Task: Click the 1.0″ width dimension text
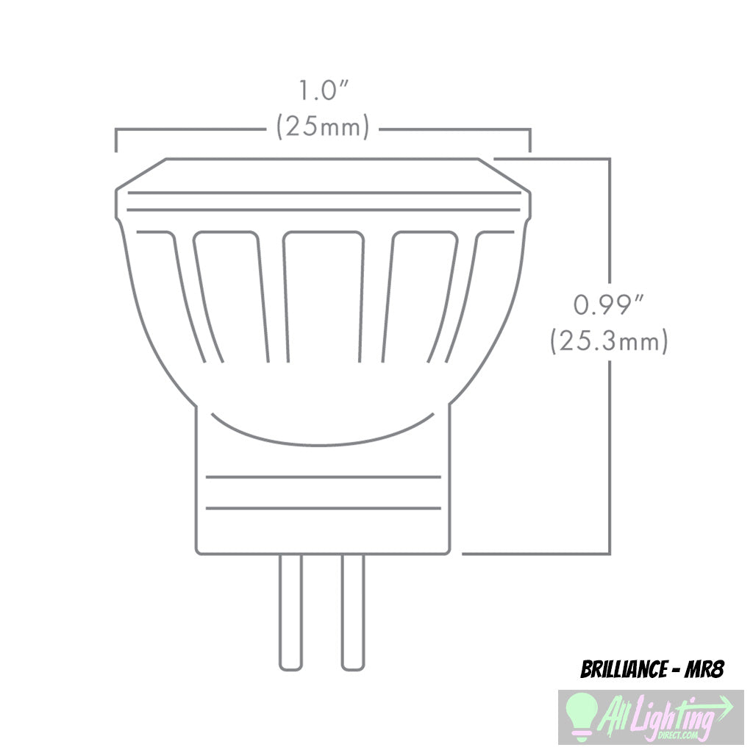click(322, 92)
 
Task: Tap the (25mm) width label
click(322, 127)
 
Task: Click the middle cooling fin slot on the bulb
click(324, 294)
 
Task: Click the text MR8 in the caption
click(704, 670)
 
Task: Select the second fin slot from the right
click(419, 294)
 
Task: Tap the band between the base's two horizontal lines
click(324, 492)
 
